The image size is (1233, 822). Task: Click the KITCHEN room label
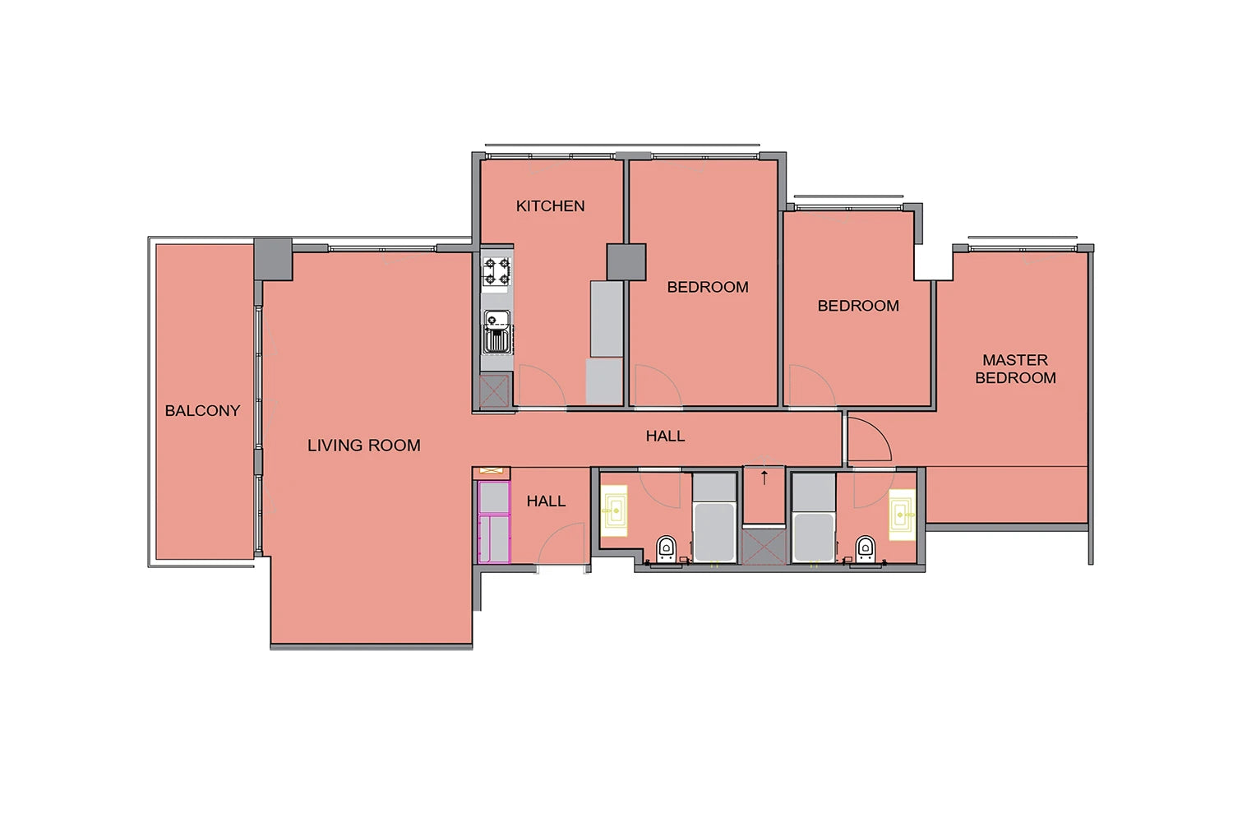550,206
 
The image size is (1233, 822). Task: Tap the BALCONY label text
202,411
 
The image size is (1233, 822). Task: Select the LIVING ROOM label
364,446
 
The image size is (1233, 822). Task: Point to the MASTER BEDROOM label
1015,369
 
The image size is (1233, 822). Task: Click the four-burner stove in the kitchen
497,272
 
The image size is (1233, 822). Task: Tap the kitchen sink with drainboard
497,331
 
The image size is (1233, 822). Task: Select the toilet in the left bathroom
666,549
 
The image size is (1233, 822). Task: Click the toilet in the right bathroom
866,549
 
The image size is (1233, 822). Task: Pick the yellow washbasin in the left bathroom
614,510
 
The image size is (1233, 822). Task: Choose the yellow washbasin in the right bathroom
903,515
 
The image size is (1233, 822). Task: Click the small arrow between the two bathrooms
764,478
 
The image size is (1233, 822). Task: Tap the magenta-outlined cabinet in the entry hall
494,522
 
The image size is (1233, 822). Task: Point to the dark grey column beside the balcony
273,259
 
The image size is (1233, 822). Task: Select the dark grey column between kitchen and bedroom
626,262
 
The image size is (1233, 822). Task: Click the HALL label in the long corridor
666,436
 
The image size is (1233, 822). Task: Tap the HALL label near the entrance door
546,501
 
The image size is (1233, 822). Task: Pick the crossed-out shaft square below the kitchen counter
494,391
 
